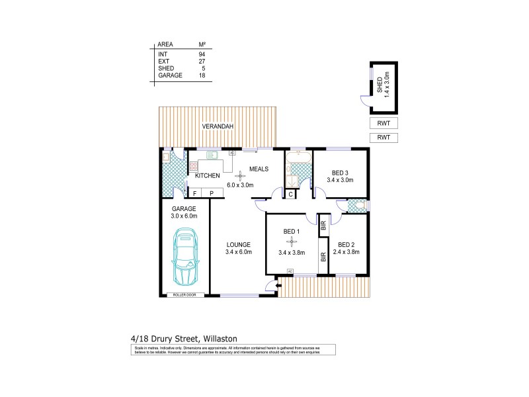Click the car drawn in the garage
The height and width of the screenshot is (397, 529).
click(185, 256)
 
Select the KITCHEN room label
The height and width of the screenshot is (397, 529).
click(207, 176)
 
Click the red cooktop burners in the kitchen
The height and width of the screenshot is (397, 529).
click(194, 167)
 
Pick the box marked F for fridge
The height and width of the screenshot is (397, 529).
click(194, 193)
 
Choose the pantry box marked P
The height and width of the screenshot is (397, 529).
click(212, 193)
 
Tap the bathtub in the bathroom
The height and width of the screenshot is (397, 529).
click(298, 156)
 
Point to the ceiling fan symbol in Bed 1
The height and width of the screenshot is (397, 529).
click(291, 241)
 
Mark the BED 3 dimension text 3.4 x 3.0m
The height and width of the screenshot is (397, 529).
click(341, 179)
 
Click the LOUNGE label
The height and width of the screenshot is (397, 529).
click(239, 244)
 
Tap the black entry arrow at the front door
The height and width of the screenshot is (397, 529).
click(278, 286)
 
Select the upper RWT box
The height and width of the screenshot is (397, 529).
click(384, 124)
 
